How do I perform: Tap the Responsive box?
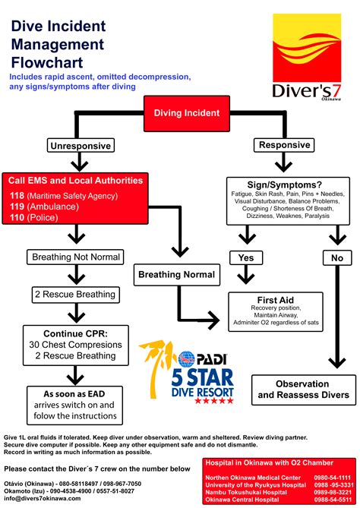click(x=285, y=145)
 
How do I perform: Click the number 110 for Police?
click(x=16, y=217)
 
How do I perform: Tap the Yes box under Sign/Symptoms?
click(x=246, y=258)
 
